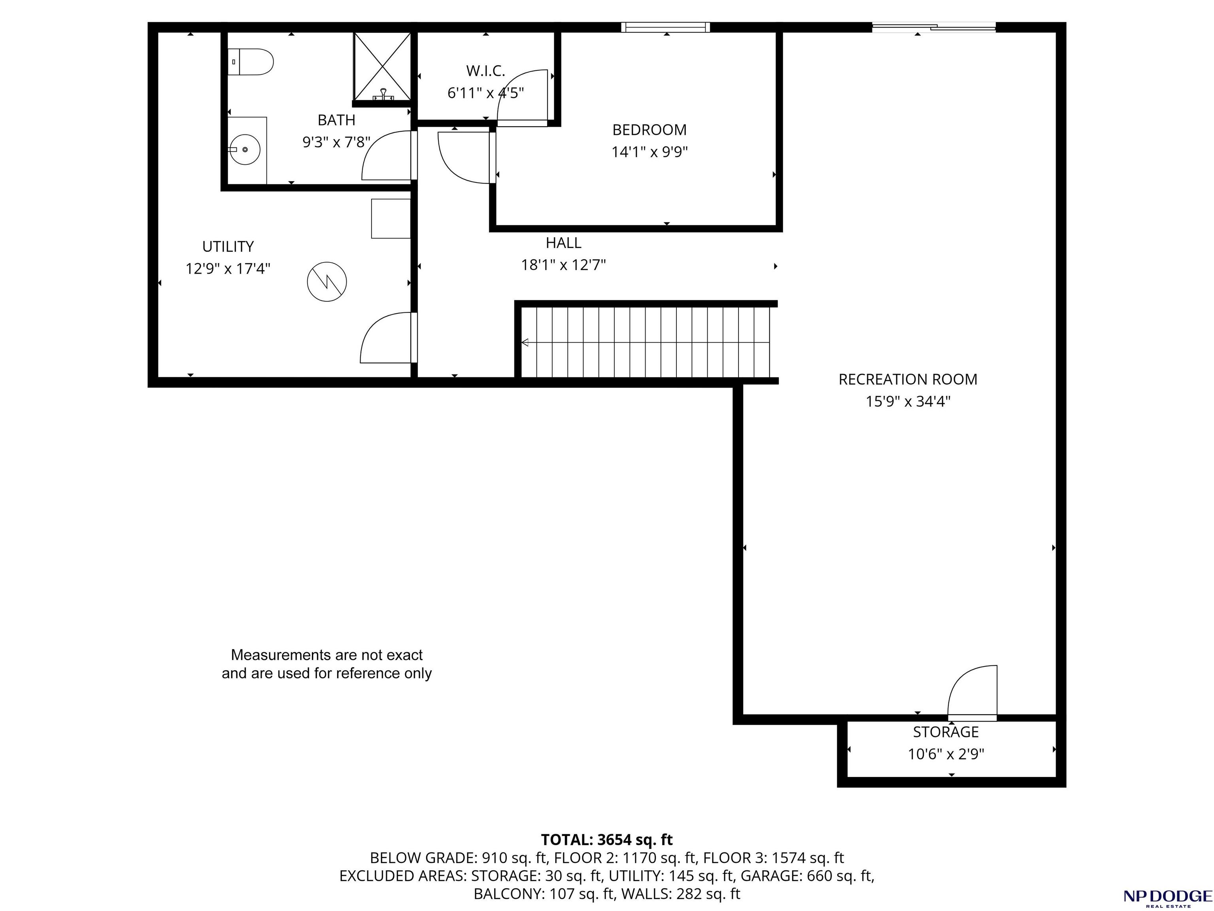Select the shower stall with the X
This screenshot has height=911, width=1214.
382,66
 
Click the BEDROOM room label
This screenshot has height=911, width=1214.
649,130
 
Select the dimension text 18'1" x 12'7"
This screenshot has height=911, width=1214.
563,265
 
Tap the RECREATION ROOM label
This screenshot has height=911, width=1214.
908,379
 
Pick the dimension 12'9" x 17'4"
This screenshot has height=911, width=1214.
228,269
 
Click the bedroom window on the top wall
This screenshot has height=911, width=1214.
665,27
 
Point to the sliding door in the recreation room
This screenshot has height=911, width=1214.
934,26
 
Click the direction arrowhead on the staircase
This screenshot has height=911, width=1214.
525,342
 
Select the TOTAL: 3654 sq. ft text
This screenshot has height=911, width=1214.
606,840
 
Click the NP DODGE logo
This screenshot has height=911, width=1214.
1167,897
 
